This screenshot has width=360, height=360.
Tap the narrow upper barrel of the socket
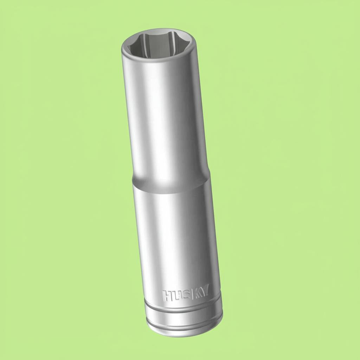coord(163,116)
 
